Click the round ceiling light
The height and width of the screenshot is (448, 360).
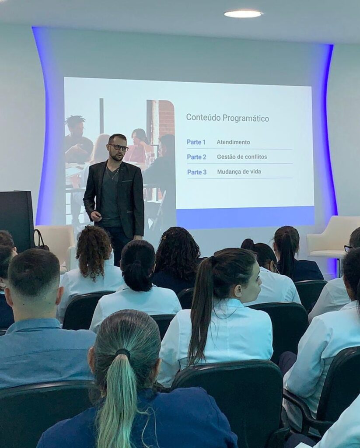[243, 14]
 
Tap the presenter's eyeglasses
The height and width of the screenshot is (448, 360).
[119, 147]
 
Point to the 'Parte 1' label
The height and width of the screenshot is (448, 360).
[196, 142]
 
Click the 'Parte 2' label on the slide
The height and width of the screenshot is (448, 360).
[196, 157]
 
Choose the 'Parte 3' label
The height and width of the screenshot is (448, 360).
[196, 172]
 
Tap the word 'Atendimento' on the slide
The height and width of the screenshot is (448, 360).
[233, 142]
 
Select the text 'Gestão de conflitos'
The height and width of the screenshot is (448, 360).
[242, 157]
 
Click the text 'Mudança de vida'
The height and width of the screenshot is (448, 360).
[239, 171]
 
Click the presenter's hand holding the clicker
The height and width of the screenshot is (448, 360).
[96, 216]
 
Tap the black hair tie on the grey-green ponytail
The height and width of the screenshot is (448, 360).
[123, 353]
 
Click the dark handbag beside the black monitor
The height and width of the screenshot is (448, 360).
[40, 241]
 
